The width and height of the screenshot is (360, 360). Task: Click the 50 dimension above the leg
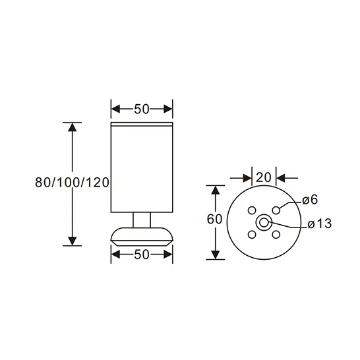142,109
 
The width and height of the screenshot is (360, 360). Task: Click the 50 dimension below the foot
142,255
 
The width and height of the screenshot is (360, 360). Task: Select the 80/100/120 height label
72,183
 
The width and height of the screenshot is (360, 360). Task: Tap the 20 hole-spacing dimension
264,177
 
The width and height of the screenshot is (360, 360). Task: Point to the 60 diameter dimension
214,219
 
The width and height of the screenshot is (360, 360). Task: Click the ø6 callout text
310,200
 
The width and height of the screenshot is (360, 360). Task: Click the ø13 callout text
320,224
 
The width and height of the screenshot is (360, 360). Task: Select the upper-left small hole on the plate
252,210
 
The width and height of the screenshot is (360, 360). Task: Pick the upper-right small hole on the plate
276,210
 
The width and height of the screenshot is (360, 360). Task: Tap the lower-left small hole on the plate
252,235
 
